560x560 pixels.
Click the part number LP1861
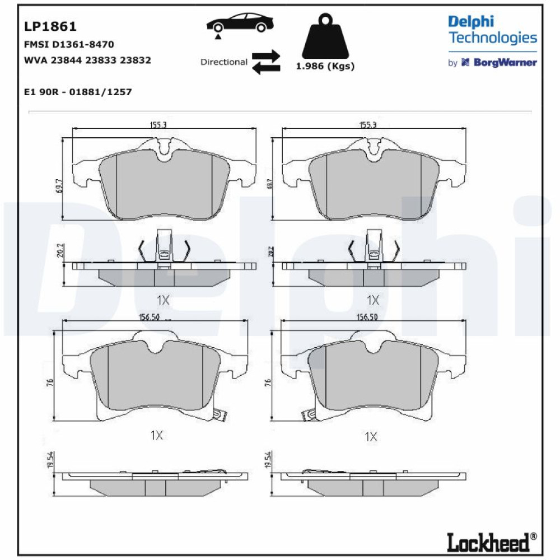point(50,26)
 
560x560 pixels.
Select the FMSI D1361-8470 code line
point(69,44)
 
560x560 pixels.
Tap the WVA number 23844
point(66,60)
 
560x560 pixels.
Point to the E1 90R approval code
point(78,92)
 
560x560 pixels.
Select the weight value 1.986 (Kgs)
point(325,66)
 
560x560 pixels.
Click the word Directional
point(224,62)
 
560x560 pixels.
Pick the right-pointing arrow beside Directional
point(266,55)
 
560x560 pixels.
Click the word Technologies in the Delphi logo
point(493,38)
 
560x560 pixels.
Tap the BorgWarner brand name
point(505,63)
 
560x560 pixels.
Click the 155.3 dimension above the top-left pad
point(158,125)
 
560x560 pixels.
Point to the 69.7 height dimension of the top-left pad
point(59,186)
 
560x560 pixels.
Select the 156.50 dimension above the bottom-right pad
point(367,317)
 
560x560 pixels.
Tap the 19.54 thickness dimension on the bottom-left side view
point(50,460)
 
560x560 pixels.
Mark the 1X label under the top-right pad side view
point(373,300)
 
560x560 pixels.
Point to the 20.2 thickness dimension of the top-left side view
point(60,250)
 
